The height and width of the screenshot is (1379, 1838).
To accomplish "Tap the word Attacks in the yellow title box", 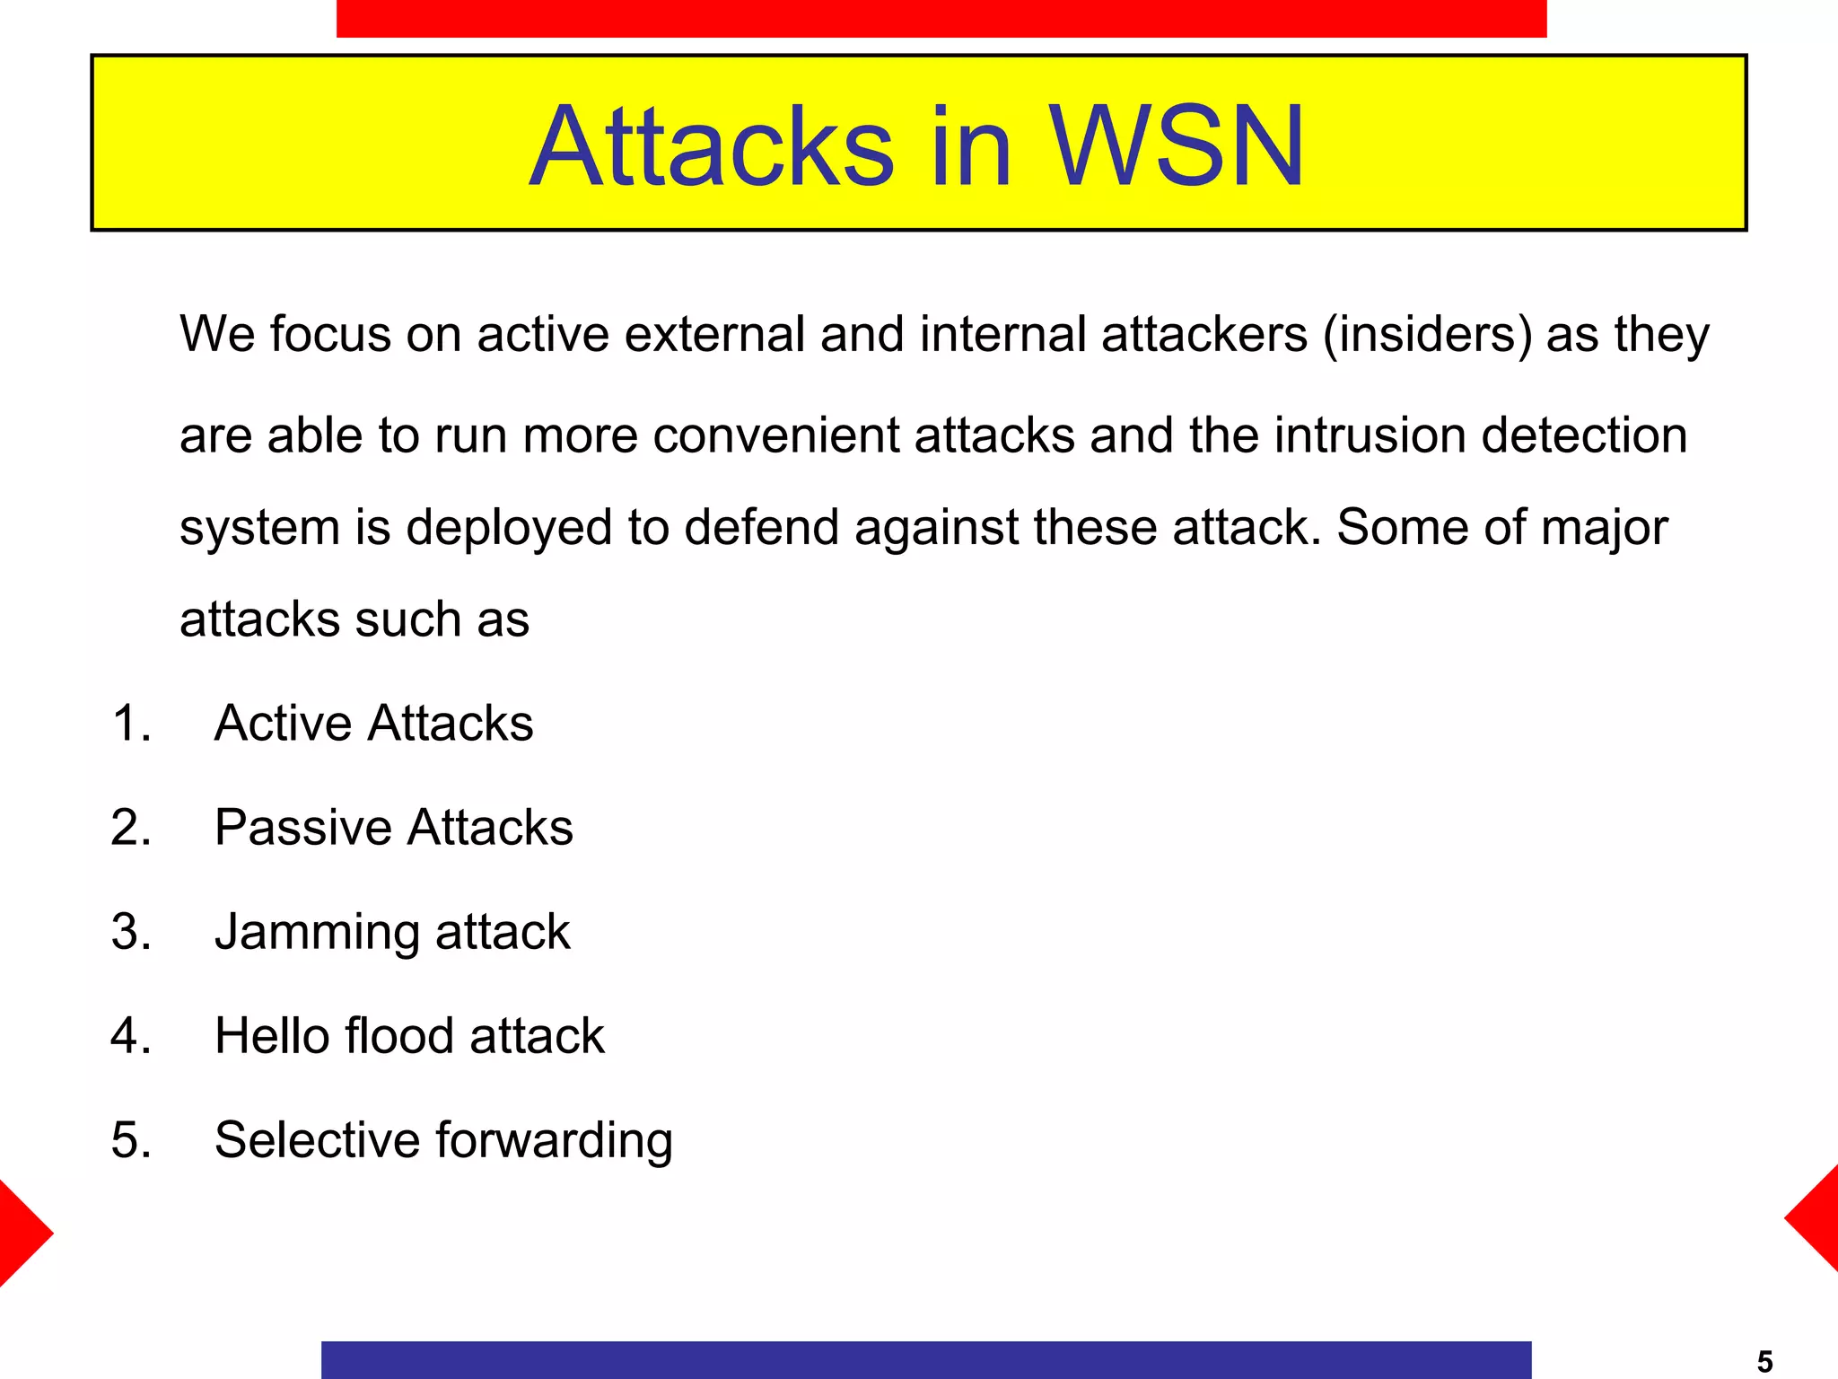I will pyautogui.click(x=712, y=146).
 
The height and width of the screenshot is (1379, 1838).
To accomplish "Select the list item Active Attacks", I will pyautogui.click(x=373, y=723).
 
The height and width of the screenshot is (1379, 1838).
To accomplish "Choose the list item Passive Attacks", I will pyautogui.click(x=393, y=827).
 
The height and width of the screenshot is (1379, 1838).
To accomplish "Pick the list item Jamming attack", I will pyautogui.click(x=392, y=932).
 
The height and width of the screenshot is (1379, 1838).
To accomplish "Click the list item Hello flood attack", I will pyautogui.click(x=409, y=1036).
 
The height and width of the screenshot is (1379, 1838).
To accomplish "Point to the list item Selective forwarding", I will pyautogui.click(x=443, y=1140).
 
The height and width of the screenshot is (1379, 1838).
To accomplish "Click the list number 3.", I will pyautogui.click(x=131, y=932).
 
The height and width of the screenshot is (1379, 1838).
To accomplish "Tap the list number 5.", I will pyautogui.click(x=131, y=1140).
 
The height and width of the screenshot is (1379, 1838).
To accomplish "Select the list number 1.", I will pyautogui.click(x=131, y=723).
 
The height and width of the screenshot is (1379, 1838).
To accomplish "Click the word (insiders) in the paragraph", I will pyautogui.click(x=1427, y=335).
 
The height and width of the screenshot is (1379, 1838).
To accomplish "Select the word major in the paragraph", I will pyautogui.click(x=1604, y=528).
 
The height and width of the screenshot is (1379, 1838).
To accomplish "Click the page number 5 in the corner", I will pyautogui.click(x=1764, y=1362).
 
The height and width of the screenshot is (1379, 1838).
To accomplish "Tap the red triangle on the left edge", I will pyautogui.click(x=20, y=1234).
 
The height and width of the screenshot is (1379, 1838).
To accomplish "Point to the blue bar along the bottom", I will pyautogui.click(x=925, y=1359).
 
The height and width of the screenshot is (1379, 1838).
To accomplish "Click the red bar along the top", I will pyautogui.click(x=941, y=18).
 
